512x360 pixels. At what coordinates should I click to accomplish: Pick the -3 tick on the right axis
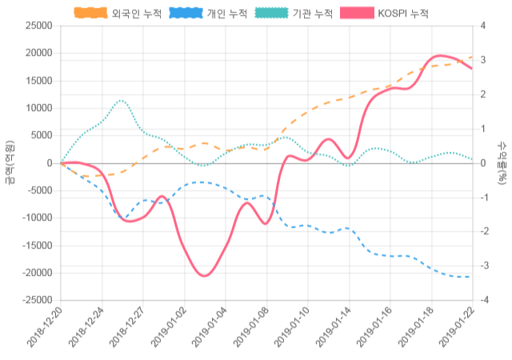[x=487, y=266]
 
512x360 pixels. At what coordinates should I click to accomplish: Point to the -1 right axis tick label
[x=487, y=198]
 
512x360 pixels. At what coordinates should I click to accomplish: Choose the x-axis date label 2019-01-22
[x=456, y=329]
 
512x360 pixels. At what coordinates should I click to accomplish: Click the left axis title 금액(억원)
[x=9, y=162]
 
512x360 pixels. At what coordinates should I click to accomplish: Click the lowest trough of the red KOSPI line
[x=205, y=276]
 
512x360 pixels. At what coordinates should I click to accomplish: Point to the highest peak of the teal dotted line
[x=121, y=101]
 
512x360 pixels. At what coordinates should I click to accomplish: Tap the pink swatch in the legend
[x=357, y=14]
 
